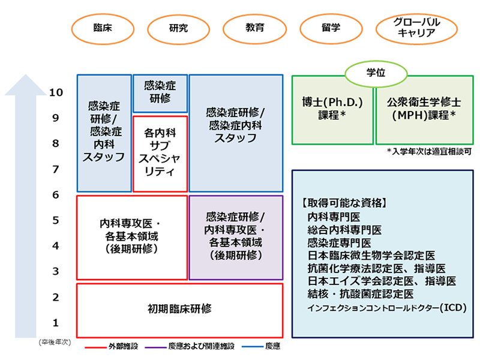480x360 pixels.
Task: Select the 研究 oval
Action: pyautogui.click(x=178, y=28)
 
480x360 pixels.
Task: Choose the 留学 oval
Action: pyautogui.click(x=331, y=28)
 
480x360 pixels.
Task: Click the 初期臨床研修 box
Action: pyautogui.click(x=179, y=310)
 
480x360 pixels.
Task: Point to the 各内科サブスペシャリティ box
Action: pyautogui.click(x=160, y=152)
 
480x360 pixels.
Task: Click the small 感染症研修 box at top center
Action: pyautogui.click(x=160, y=93)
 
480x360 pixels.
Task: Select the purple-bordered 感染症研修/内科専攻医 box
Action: pyautogui.click(x=235, y=236)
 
